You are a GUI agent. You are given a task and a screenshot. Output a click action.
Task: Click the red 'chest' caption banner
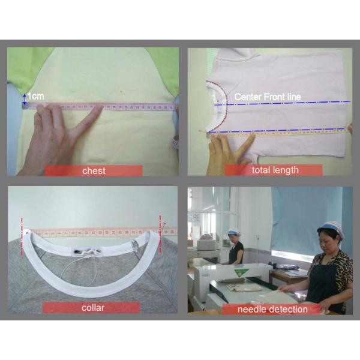[94, 170]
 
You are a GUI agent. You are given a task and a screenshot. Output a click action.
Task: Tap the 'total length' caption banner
[273, 170]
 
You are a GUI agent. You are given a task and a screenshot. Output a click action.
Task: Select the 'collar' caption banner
[91, 307]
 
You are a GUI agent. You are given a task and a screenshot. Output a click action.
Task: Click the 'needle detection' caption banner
[271, 309]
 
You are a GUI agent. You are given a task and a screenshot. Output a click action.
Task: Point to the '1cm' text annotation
[36, 97]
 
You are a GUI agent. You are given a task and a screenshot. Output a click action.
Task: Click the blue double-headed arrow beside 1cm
[25, 99]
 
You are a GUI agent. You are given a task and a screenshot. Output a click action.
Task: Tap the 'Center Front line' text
[268, 97]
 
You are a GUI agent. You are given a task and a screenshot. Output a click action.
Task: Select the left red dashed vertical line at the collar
[22, 237]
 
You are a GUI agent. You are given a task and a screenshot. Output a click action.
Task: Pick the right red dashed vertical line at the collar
[160, 235]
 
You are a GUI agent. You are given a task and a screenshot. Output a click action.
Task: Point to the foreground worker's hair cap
[329, 227]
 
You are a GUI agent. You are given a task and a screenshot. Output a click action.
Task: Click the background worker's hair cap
[234, 231]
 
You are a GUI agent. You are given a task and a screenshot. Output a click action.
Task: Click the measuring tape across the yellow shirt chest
[100, 106]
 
